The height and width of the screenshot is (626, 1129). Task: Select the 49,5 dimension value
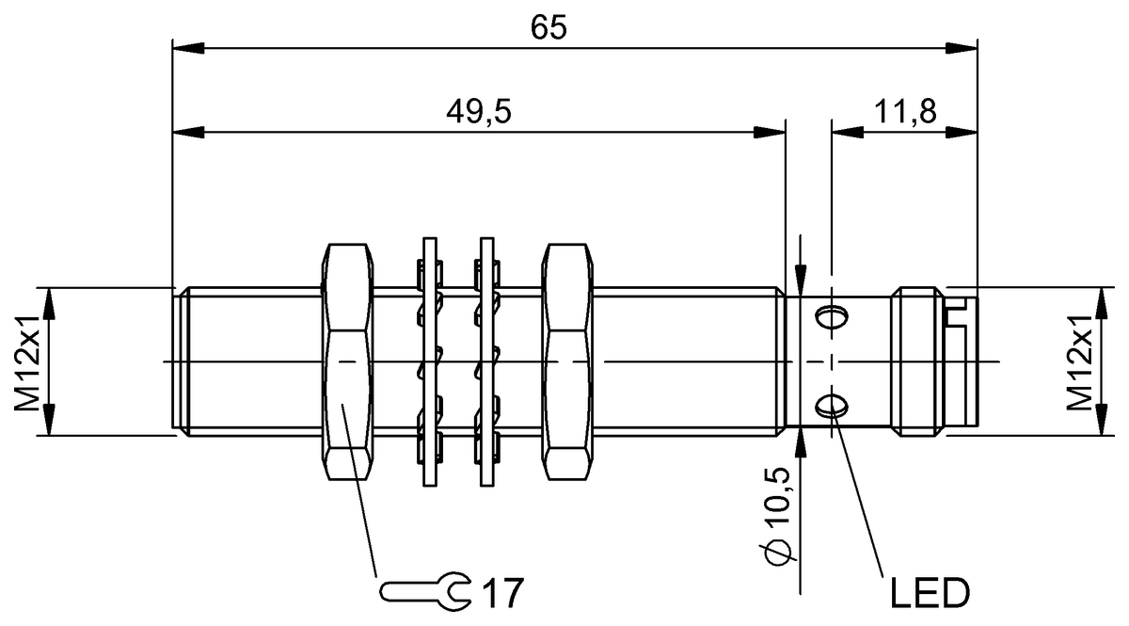(478, 112)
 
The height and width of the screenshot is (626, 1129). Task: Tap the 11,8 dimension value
(905, 112)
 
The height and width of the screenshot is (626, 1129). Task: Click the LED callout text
(929, 594)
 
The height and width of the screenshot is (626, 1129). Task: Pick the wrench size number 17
(502, 593)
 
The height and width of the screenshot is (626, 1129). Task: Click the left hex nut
(348, 362)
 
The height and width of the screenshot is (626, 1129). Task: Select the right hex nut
(567, 362)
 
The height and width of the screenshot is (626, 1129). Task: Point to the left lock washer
(430, 362)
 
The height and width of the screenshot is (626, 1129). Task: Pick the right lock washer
(485, 362)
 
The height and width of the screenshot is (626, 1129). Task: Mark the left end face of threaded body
(176, 362)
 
